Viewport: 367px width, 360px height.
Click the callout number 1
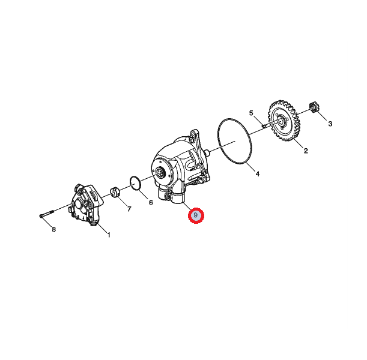(x=109, y=235)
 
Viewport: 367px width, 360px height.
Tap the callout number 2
(x=306, y=151)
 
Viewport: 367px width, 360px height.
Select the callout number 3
(x=330, y=124)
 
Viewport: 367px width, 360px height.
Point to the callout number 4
(x=258, y=174)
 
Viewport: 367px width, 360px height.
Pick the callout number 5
(x=251, y=113)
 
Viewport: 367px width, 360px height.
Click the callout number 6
(x=151, y=202)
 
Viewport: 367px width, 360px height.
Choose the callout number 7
(x=129, y=209)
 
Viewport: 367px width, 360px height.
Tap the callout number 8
(x=54, y=230)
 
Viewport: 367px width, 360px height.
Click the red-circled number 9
(x=196, y=215)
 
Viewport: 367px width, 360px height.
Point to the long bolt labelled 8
(x=47, y=214)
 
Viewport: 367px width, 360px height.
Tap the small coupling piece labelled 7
(x=115, y=193)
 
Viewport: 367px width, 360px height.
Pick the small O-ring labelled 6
(x=135, y=184)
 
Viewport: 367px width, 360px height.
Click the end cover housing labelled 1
(x=86, y=205)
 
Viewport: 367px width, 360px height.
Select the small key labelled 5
(x=264, y=126)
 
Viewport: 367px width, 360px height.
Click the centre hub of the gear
(x=282, y=121)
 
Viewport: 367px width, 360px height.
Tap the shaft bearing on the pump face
(x=161, y=173)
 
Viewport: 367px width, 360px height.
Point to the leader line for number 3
(x=321, y=115)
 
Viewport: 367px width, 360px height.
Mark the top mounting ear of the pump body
(x=194, y=134)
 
